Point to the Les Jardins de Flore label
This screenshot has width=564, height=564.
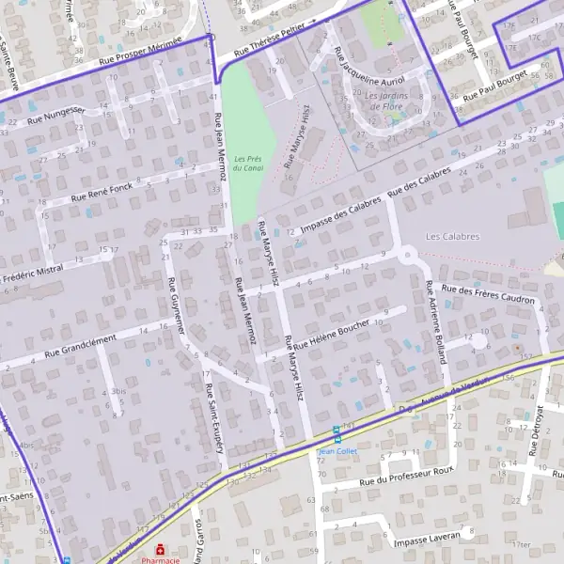(384, 101)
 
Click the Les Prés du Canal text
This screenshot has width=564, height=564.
(248, 163)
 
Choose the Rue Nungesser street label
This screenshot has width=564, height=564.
(56, 115)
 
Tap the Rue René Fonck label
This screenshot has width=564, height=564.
(102, 192)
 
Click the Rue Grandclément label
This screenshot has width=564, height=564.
(80, 344)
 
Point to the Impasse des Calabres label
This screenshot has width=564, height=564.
(341, 211)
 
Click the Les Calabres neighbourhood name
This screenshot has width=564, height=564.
(452, 237)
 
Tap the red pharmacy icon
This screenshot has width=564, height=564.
(161, 548)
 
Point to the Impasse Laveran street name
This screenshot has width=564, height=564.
(427, 540)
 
